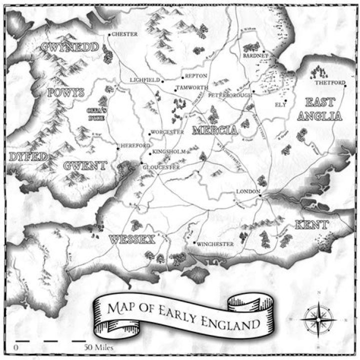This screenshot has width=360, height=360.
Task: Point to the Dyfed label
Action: click(x=28, y=156)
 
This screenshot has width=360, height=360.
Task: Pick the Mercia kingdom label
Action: click(x=214, y=130)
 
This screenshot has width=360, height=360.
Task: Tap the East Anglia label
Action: click(x=323, y=109)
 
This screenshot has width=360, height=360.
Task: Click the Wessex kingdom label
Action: click(x=131, y=239)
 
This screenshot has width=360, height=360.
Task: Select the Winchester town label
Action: click(x=216, y=244)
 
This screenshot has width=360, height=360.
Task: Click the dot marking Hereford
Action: click(x=117, y=148)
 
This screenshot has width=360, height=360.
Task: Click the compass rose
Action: click(x=318, y=318)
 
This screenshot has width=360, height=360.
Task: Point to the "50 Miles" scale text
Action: click(x=99, y=346)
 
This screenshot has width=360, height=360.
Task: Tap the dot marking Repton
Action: click(x=182, y=78)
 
